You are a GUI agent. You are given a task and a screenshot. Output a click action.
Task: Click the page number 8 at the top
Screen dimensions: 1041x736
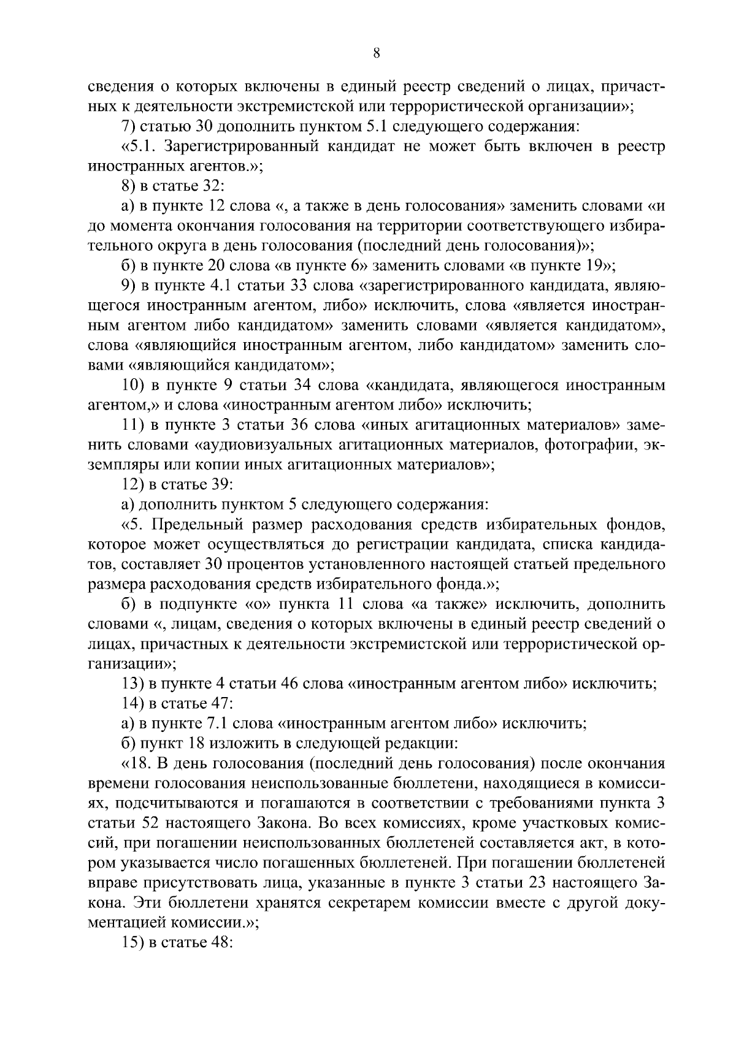tap(377, 54)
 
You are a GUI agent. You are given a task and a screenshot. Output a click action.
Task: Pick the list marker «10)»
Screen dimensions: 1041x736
tap(132, 386)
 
